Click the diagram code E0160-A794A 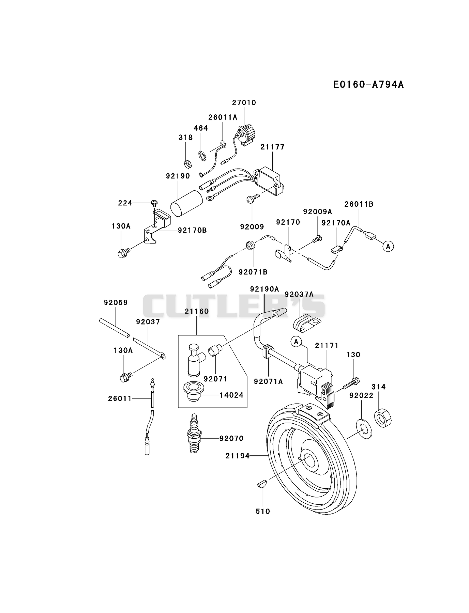[x=368, y=84]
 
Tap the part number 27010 [x=244, y=103]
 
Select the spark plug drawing [x=194, y=433]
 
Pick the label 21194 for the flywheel [x=238, y=456]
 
